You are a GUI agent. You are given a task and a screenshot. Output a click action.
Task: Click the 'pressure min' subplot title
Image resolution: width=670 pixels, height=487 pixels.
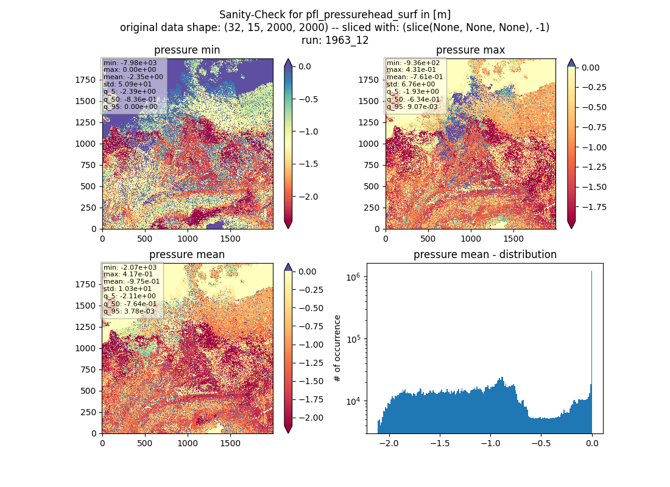pos(187,50)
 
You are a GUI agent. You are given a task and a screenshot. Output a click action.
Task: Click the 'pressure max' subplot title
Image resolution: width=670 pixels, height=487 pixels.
pos(470,50)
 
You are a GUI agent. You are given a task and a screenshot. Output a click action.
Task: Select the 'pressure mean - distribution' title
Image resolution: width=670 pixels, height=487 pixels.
pos(485,254)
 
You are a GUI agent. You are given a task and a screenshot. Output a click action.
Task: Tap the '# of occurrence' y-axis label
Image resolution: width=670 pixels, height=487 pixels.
pos(337,348)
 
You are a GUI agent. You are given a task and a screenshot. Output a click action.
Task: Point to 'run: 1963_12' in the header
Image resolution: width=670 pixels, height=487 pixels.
pos(335,40)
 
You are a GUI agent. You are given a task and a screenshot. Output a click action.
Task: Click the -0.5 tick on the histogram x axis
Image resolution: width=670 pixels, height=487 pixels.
pos(541,443)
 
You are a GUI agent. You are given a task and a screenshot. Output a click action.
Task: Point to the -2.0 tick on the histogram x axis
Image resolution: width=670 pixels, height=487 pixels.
pos(389,443)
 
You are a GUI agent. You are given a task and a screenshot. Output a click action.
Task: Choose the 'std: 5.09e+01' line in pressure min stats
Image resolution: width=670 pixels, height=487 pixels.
pos(127,84)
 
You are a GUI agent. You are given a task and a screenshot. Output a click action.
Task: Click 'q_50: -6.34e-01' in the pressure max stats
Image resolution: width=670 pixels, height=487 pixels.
pos(413,99)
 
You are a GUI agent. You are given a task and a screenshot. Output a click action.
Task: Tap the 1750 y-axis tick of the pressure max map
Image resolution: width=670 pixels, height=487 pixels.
pos(368,80)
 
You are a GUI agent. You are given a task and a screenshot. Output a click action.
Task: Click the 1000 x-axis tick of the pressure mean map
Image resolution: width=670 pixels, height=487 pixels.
pos(188,443)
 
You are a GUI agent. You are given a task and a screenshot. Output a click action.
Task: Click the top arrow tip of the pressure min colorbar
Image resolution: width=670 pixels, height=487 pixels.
pos(288,59)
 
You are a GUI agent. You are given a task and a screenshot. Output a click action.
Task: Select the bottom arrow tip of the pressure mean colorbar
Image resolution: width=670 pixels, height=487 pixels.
pos(288,433)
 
